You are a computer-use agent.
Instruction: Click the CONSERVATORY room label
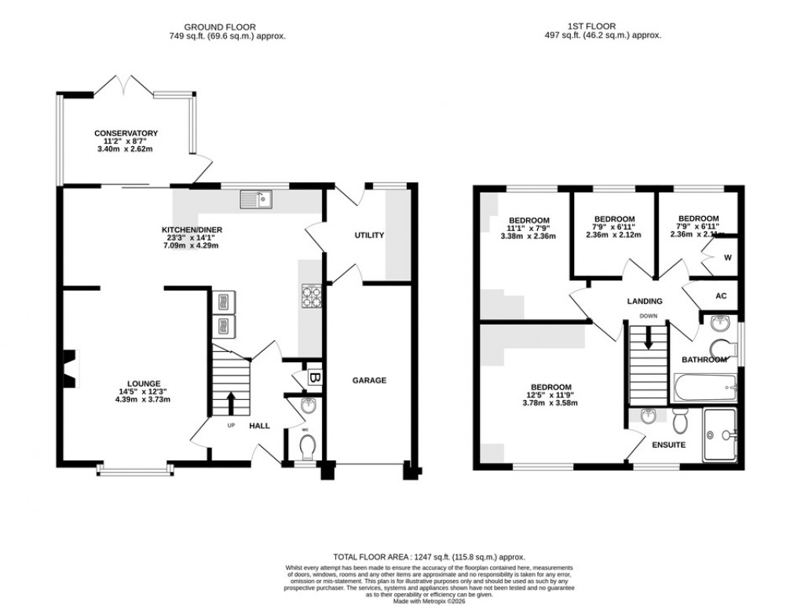(x=126, y=134)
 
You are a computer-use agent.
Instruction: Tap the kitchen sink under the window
(x=257, y=200)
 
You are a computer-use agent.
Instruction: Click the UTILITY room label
(x=368, y=235)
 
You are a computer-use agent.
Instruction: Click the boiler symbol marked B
(x=313, y=378)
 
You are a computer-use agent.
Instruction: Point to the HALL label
(x=259, y=426)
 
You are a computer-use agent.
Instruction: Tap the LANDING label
(x=644, y=301)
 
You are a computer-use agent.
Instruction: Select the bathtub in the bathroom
(x=704, y=387)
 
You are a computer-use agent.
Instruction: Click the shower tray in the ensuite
(x=722, y=434)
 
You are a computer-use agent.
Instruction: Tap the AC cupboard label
(x=721, y=295)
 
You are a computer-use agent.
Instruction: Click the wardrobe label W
(x=727, y=257)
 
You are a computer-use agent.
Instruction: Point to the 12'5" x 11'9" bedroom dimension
(x=550, y=395)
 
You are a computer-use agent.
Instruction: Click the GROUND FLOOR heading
(x=227, y=26)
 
